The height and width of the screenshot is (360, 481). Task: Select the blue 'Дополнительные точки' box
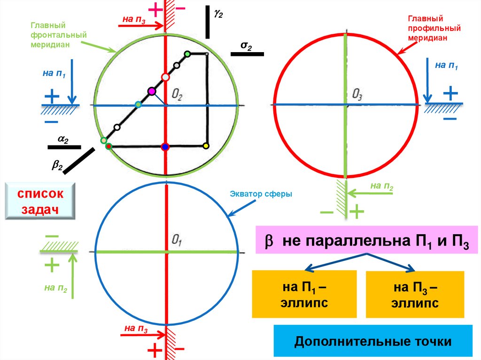tap(372, 341)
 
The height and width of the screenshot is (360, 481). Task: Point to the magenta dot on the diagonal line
tap(151, 91)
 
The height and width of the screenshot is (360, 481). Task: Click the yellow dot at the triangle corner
tap(205, 146)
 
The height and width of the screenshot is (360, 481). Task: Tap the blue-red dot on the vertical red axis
tap(164, 147)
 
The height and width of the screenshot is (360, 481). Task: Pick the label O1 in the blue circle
tap(177, 241)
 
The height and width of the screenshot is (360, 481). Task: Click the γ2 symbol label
tap(218, 14)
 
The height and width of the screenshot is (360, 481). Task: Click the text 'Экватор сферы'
tap(261, 193)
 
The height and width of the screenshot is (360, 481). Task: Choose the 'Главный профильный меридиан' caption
tap(427, 29)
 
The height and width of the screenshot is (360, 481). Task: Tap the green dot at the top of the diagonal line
tap(187, 54)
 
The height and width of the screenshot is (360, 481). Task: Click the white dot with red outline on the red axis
tap(165, 77)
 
